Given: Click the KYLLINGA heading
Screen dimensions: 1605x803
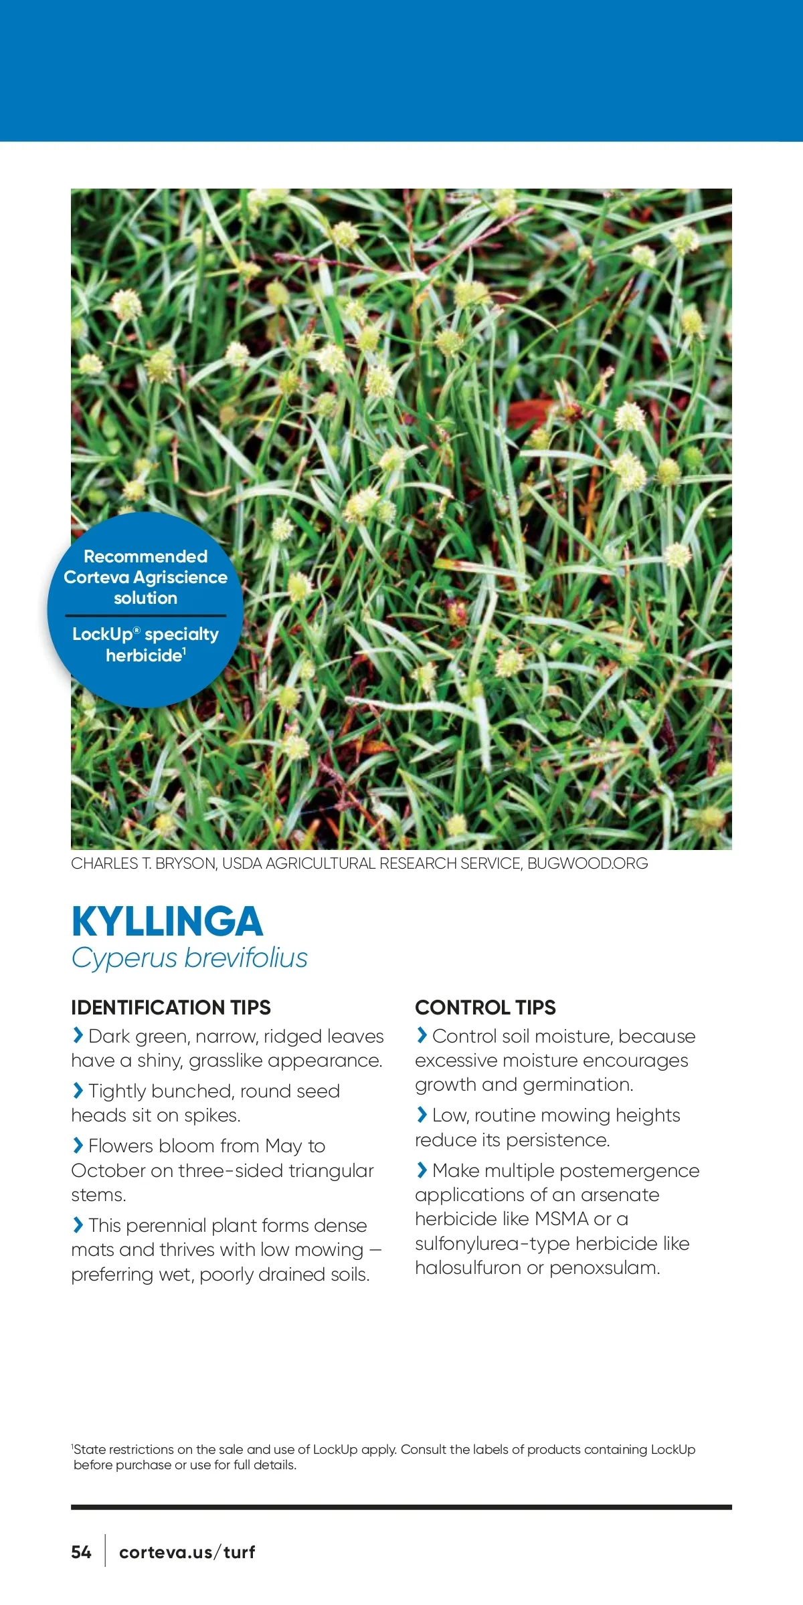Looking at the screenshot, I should coord(167,922).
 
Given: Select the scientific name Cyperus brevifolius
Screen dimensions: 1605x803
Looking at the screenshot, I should coord(189,958).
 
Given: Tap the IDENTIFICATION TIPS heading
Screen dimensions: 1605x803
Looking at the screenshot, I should coord(171,1007).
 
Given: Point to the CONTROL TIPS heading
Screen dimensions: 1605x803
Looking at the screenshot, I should coord(485,1007).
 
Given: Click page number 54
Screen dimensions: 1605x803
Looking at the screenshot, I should coord(81,1552).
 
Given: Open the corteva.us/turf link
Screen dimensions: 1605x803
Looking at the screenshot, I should coord(187,1552).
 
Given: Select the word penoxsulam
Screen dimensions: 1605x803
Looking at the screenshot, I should coord(604,1268).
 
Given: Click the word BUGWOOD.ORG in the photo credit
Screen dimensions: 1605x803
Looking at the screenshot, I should coord(588,863).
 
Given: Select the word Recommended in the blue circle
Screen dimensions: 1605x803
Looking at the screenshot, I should coord(145,556).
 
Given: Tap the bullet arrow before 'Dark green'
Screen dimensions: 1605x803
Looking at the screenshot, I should coord(78,1035).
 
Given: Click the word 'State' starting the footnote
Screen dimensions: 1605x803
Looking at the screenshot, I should coord(90,1450).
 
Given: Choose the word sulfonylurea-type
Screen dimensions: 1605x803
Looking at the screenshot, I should coord(493,1244).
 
